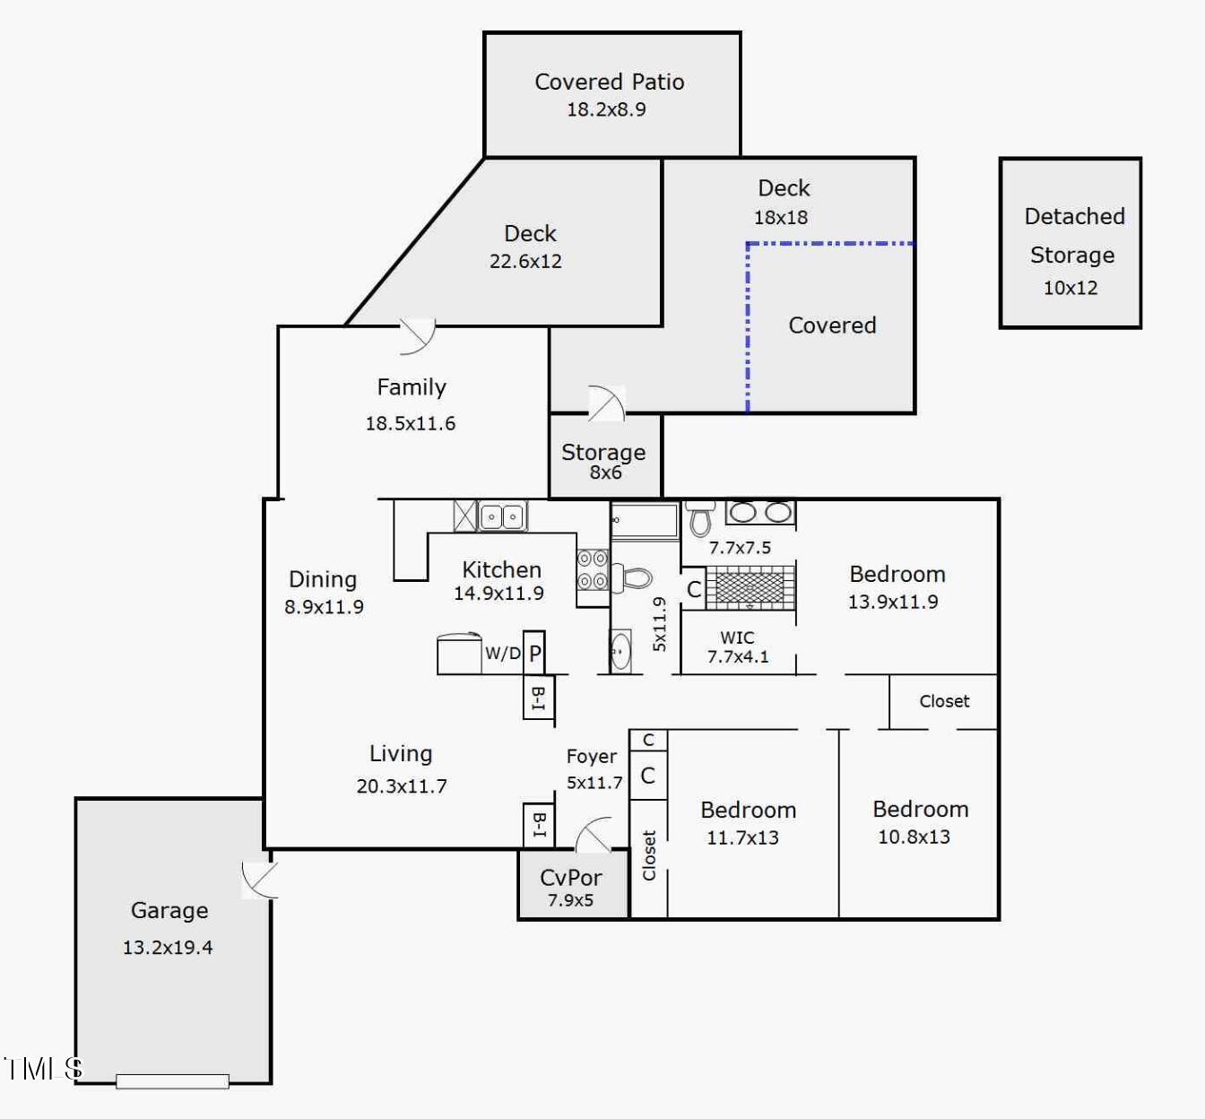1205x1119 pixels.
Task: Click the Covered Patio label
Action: tap(609, 82)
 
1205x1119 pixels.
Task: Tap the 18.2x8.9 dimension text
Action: tap(606, 109)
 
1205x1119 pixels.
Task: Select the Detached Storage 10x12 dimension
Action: tap(1071, 288)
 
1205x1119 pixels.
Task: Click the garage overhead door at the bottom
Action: tap(172, 1081)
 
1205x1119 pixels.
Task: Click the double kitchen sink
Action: tap(502, 516)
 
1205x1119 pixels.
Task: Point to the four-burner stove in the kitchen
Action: tap(592, 569)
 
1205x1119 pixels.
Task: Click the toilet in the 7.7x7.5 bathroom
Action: tap(700, 517)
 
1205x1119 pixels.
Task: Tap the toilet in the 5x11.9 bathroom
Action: tap(631, 578)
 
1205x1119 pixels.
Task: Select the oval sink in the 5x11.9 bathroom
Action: tap(620, 652)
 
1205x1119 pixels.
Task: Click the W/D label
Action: tap(503, 653)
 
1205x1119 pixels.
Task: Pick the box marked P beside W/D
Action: tap(534, 653)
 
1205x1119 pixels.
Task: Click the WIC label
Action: tap(737, 638)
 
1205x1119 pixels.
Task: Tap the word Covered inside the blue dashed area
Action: tap(832, 325)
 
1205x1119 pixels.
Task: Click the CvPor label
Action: tap(571, 878)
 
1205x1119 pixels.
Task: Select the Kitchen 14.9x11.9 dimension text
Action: tap(498, 593)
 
